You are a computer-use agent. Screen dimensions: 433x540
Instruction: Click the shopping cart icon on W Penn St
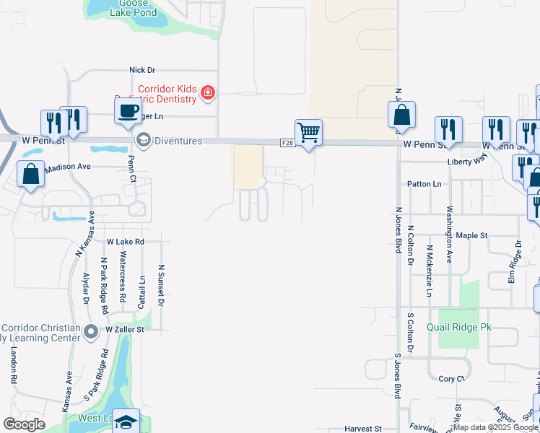tap(308, 132)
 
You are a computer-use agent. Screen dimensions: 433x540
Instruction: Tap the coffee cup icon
tap(128, 111)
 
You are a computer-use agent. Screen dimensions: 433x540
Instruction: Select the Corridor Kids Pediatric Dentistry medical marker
tap(208, 92)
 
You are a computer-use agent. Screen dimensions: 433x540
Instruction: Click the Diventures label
tap(177, 141)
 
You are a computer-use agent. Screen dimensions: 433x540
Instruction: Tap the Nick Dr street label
tap(142, 70)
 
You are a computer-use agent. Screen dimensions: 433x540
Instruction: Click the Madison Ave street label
tap(68, 167)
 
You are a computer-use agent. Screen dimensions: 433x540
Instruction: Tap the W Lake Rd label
tap(125, 241)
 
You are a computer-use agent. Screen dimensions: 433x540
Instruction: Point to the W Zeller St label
tap(125, 329)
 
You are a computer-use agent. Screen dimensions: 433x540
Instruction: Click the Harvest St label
tap(362, 429)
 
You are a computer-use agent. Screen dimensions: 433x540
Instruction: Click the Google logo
tap(25, 424)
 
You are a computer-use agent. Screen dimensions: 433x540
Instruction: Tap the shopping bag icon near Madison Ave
tap(31, 175)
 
